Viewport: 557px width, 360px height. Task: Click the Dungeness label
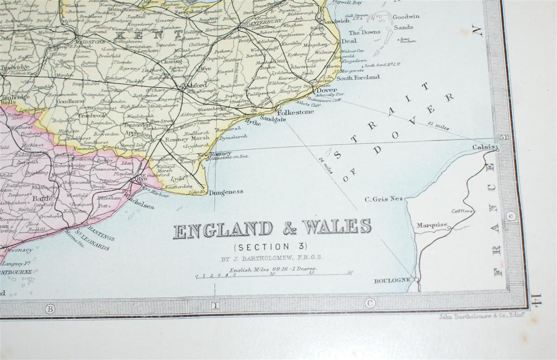click(x=226, y=192)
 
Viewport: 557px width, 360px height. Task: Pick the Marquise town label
click(x=431, y=226)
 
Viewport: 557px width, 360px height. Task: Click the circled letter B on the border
click(x=50, y=308)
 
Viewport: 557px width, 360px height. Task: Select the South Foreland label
click(x=358, y=78)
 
